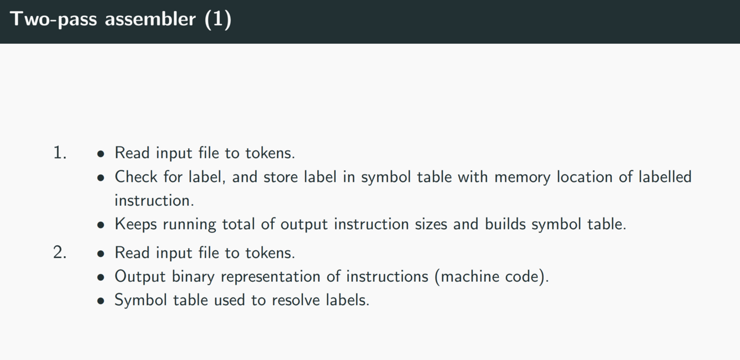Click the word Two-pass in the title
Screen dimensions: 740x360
pos(53,19)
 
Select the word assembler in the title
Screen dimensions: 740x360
pos(150,19)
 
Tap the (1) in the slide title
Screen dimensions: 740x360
pos(217,19)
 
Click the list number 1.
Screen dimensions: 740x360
pos(59,153)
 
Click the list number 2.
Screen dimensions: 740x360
pos(59,253)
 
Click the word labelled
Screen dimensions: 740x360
pos(665,177)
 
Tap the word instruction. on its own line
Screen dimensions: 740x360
pos(154,200)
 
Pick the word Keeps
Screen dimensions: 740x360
pos(136,224)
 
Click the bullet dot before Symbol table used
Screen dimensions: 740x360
pos(100,301)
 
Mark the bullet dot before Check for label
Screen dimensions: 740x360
pos(100,178)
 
